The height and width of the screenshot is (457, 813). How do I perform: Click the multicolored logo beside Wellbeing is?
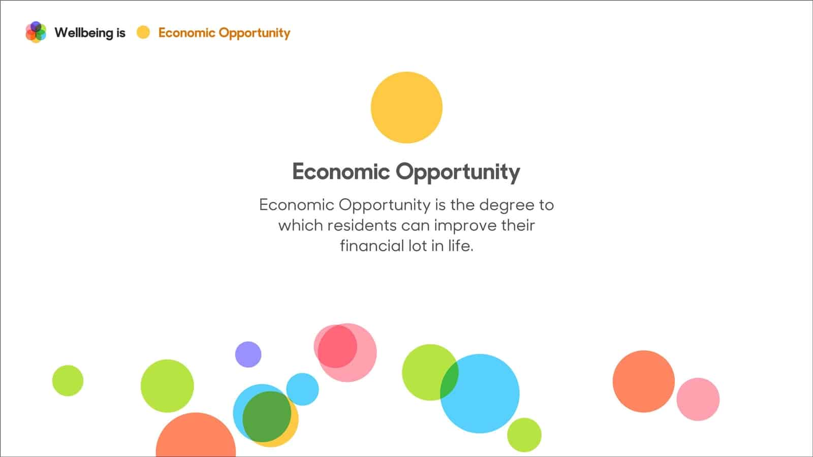point(36,32)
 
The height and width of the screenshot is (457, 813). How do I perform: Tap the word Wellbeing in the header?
point(84,33)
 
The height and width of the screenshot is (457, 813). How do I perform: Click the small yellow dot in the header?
point(143,32)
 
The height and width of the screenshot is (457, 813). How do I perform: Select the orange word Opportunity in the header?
point(255,34)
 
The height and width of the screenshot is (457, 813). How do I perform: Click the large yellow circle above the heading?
point(407,107)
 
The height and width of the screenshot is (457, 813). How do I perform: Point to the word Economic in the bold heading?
point(341,172)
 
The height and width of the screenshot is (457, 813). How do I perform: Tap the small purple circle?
point(248,354)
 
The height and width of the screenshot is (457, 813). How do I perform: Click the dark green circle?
point(267,417)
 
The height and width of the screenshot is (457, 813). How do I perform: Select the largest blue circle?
point(480,394)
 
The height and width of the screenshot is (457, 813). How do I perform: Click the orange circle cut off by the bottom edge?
point(196,435)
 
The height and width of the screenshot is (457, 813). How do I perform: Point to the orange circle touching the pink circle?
point(643,381)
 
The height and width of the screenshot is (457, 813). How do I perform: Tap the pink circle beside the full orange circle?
point(698,399)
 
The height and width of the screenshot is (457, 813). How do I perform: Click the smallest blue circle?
point(302,389)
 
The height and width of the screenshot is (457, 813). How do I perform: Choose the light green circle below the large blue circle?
point(524,435)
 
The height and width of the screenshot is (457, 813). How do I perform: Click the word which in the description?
point(300,225)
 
